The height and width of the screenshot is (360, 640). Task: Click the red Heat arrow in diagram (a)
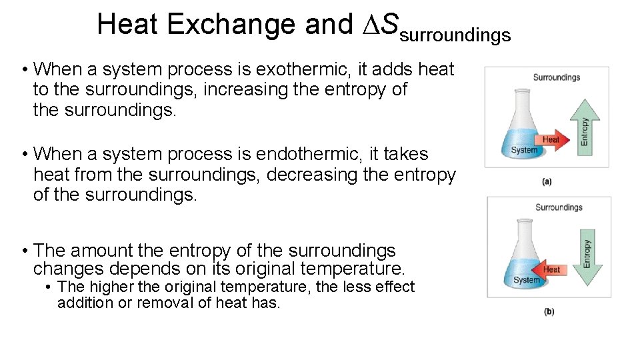click(551, 139)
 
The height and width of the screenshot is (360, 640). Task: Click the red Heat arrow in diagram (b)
click(550, 269)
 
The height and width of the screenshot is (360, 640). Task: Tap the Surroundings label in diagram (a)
click(557, 77)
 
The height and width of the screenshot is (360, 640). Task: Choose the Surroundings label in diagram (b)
click(559, 207)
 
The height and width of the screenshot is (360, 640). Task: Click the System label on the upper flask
click(524, 150)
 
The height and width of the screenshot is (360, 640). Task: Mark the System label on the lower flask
click(526, 280)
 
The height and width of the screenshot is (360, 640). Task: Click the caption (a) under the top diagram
click(547, 181)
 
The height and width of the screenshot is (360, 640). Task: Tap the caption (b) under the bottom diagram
click(549, 311)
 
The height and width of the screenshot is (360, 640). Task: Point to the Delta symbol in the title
click(369, 25)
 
